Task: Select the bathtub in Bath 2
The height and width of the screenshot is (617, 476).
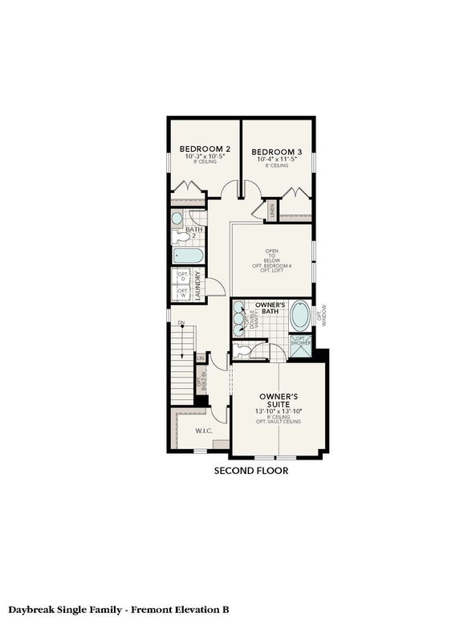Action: coord(188,256)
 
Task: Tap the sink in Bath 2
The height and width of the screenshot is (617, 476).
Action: coord(177,218)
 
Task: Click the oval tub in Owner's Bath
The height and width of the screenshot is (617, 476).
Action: coord(299,316)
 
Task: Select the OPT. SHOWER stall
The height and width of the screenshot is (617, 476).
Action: coord(299,345)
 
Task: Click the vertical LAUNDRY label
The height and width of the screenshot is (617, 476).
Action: coord(197,284)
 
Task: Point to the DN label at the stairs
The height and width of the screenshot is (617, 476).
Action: coord(181,323)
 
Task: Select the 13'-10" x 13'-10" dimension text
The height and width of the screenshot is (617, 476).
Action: coord(279,412)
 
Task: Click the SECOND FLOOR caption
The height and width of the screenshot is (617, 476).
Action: coord(250,471)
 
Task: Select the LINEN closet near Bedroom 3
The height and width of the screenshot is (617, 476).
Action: coord(272,210)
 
